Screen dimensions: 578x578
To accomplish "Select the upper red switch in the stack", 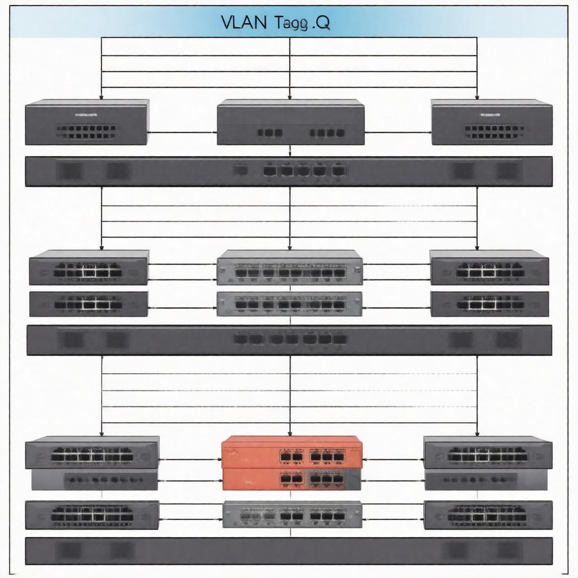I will coord(292,452).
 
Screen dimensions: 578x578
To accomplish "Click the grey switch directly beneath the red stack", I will coord(292,514).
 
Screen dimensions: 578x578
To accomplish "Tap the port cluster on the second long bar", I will coord(291,339).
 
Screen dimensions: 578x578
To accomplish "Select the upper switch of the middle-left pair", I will coord(89,268).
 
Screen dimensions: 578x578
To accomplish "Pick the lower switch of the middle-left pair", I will coord(89,304).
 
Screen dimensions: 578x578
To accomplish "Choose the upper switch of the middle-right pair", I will coord(489,268).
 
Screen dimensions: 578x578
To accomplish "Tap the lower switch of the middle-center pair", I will coord(290,304).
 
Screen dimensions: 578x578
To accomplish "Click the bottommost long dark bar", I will coord(289,550).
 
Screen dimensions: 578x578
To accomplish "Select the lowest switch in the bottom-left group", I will coord(92,514).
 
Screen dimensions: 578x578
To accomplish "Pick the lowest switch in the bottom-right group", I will coord(488,514).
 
